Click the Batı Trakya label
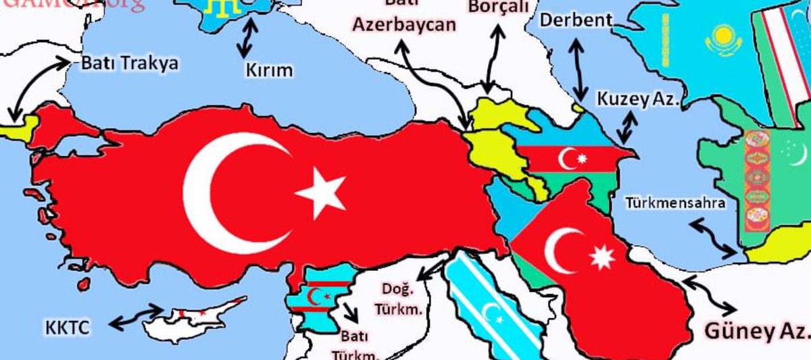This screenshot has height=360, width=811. click(x=130, y=64)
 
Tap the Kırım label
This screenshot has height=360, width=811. click(x=268, y=70)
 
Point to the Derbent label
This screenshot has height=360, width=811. click(x=575, y=20)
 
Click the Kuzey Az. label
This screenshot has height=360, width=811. click(x=637, y=99)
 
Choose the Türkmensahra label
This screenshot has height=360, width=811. click(x=676, y=203)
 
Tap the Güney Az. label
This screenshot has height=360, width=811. click(x=757, y=332)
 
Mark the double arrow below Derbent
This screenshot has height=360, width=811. click(x=577, y=68)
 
